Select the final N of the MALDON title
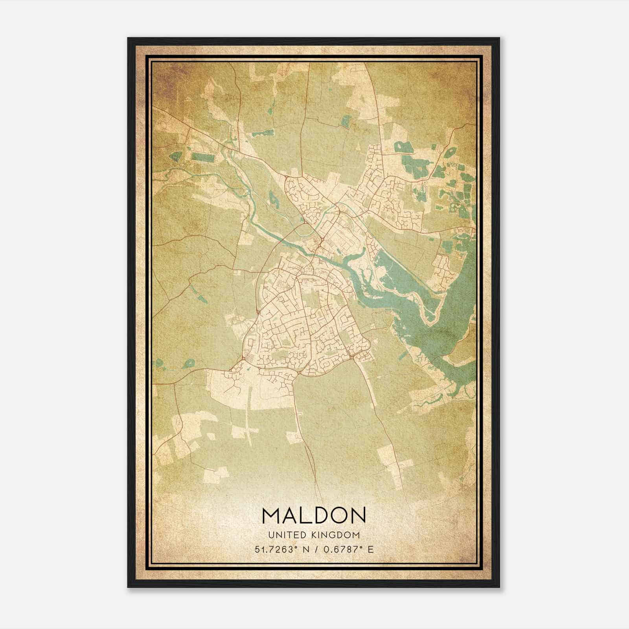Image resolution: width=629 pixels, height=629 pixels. [359, 515]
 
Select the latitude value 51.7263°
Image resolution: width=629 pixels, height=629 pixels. [274, 549]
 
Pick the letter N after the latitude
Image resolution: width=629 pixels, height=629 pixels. [305, 549]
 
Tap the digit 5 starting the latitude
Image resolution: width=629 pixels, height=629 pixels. [257, 549]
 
